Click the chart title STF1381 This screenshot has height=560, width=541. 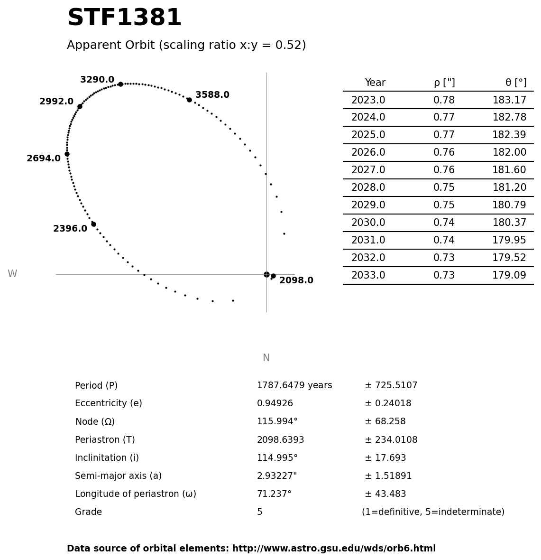[x=124, y=18]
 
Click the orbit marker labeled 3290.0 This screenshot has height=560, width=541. [x=120, y=84]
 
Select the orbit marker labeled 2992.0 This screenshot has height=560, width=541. [x=80, y=106]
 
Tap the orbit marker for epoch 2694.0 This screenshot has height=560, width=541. [x=67, y=154]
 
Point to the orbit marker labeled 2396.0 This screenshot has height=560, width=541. [x=93, y=224]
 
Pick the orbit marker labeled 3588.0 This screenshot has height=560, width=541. [x=189, y=100]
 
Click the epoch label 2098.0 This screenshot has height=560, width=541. [x=296, y=280]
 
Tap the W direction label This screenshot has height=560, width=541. [x=12, y=274]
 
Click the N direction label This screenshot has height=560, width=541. [x=266, y=358]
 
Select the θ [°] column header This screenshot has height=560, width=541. [x=515, y=83]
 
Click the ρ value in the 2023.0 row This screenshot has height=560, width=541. [x=444, y=100]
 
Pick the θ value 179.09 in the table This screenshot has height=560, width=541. [x=509, y=275]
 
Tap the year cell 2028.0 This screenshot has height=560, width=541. [x=368, y=187]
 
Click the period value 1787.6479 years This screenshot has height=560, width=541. [x=294, y=385]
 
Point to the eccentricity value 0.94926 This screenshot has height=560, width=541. [x=275, y=403]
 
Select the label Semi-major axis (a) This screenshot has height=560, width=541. [x=118, y=476]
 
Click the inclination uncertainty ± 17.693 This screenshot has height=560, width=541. [x=385, y=458]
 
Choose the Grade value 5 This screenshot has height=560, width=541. [x=259, y=512]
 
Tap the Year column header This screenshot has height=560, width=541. [x=375, y=83]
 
